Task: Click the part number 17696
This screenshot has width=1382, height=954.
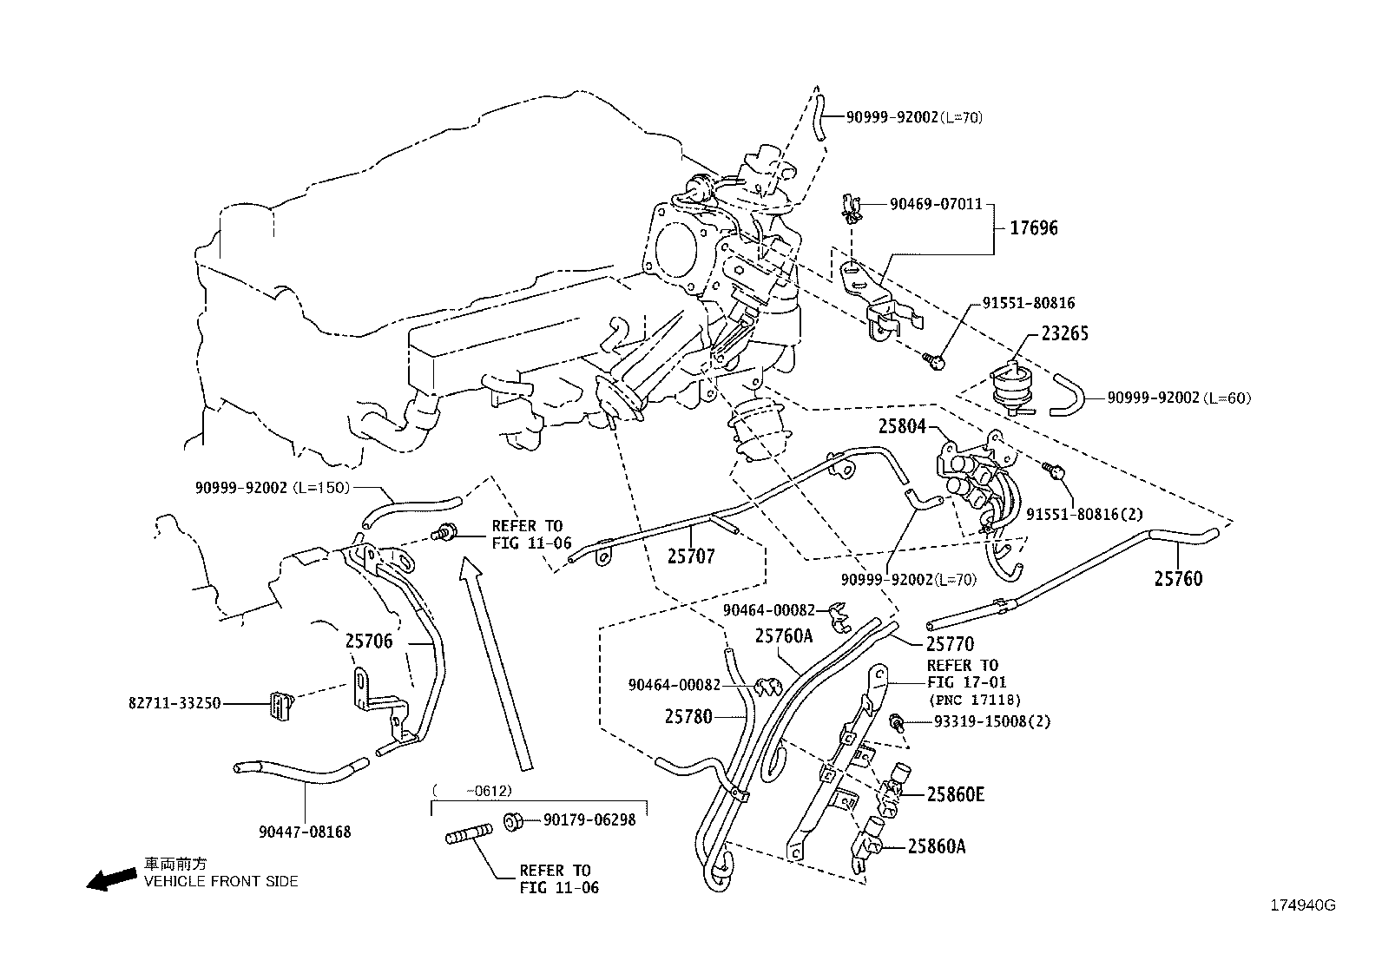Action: click(x=1034, y=228)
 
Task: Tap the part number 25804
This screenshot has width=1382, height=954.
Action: click(x=902, y=426)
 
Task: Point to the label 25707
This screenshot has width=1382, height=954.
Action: click(x=691, y=556)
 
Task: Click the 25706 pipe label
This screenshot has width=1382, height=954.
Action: click(x=369, y=641)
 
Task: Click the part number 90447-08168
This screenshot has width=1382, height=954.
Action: click(x=305, y=832)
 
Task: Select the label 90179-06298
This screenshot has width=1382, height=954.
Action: click(x=589, y=819)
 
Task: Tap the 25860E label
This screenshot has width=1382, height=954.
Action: click(x=956, y=794)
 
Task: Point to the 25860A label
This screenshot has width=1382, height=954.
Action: click(x=937, y=845)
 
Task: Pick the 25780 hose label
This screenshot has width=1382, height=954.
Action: click(x=688, y=716)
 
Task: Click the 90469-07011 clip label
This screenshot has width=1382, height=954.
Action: click(x=935, y=204)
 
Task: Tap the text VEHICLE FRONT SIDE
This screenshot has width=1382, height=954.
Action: click(x=220, y=881)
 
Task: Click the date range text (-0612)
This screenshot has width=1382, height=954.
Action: click(x=473, y=791)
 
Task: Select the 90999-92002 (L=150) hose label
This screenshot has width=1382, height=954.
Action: click(x=272, y=488)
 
